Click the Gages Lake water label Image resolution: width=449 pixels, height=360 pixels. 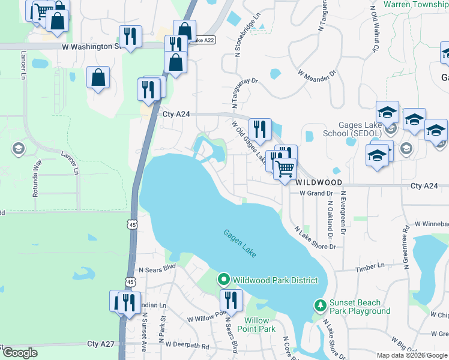coord(240,244)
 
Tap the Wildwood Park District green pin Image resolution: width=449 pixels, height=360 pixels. coord(224,279)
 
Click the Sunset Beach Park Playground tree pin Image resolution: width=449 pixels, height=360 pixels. coord(321,306)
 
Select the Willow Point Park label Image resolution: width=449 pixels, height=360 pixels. coord(256,325)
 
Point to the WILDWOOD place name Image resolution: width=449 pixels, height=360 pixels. coord(318,182)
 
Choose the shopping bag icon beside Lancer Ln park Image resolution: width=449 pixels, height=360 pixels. coord(98,77)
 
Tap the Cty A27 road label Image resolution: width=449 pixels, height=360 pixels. coord(100,344)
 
